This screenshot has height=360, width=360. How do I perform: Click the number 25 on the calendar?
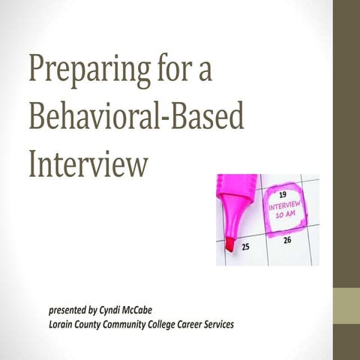tap(245, 246)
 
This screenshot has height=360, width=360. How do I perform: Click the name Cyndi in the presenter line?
tap(110, 309)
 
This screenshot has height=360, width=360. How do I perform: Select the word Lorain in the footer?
tap(61, 324)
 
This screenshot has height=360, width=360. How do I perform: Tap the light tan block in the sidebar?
tap(346, 307)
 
